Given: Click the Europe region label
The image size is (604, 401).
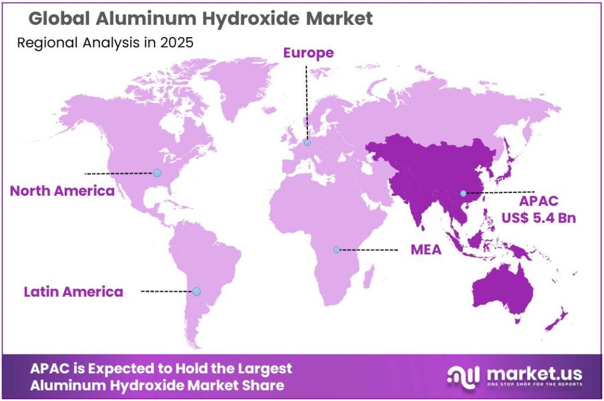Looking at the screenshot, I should (308, 53).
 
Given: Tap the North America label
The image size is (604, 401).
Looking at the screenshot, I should (62, 191).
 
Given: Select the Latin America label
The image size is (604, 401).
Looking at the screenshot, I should (73, 291).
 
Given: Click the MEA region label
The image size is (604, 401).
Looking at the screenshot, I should (426, 249).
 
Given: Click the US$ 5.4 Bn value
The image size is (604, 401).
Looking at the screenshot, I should (539, 218).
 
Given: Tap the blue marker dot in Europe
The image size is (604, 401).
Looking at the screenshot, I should (307, 142).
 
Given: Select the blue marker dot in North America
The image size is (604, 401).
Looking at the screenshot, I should (157, 173).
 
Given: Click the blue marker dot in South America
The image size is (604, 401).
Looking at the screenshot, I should (196, 291).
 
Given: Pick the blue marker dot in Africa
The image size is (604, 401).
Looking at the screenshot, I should (337, 249).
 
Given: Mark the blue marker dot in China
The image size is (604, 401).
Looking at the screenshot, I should (463, 193).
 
